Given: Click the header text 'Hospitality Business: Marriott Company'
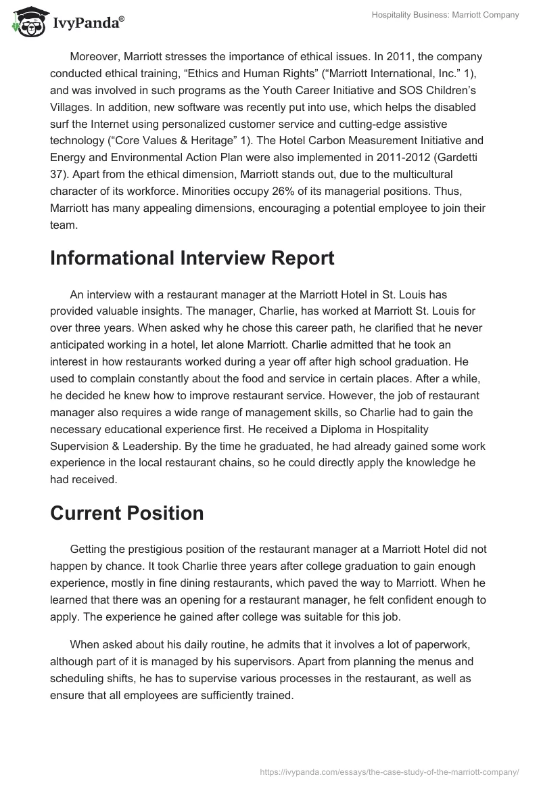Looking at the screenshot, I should tap(445, 15).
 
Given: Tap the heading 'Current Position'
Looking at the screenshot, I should tap(126, 513).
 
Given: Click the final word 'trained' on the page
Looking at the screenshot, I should tap(273, 696).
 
